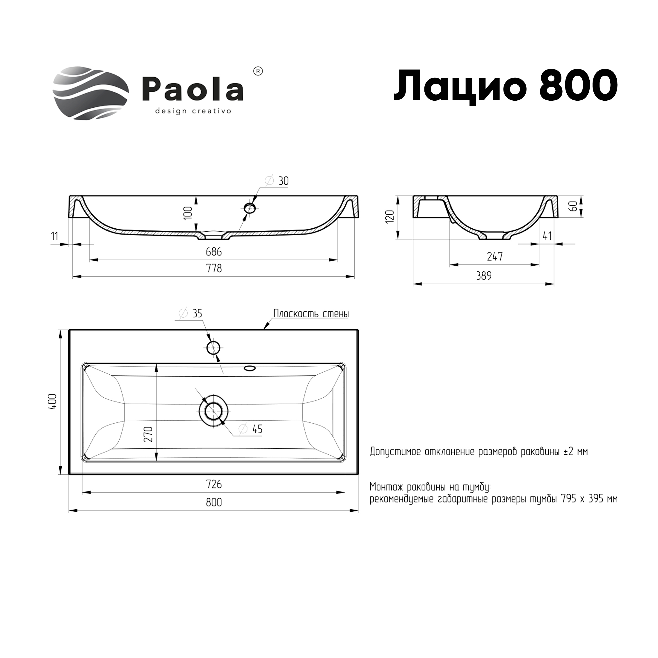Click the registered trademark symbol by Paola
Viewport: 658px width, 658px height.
pyautogui.click(x=259, y=71)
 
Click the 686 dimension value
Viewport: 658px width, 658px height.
pyautogui.click(x=214, y=252)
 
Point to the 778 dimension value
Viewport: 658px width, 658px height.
pyautogui.click(x=214, y=268)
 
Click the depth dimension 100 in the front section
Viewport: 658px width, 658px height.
pyautogui.click(x=188, y=213)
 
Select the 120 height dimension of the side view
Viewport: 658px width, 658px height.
pyautogui.click(x=390, y=216)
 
